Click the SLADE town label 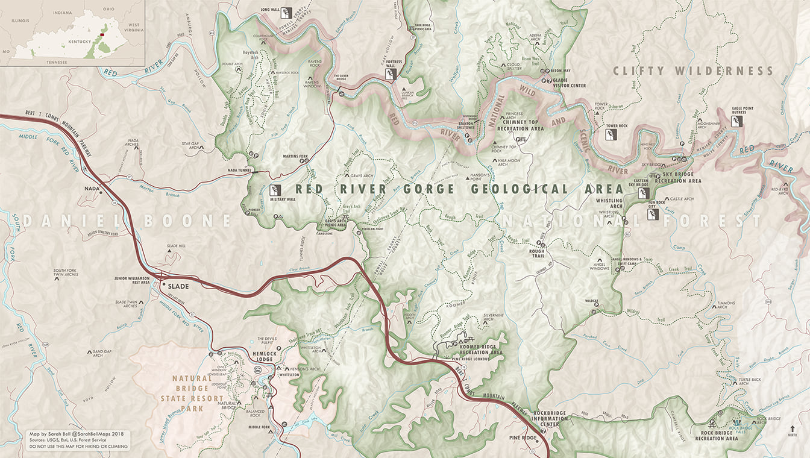(x=179, y=286)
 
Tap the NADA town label (x=92, y=189)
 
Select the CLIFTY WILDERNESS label (x=692, y=71)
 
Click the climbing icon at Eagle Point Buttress (x=736, y=121)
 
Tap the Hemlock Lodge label (x=263, y=356)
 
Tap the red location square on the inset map (x=102, y=34)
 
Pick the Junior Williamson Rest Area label (x=132, y=280)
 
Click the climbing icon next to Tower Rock (x=611, y=135)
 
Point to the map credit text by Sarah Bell (x=75, y=434)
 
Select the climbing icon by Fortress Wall (x=390, y=74)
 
